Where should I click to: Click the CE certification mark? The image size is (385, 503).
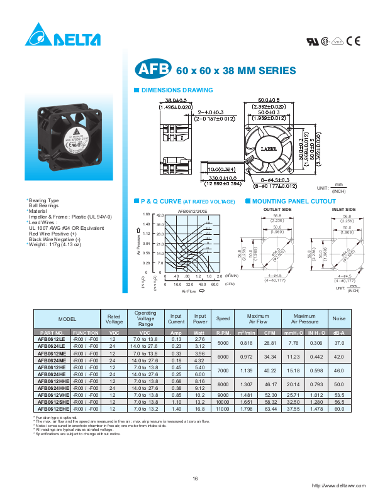pos(354,41)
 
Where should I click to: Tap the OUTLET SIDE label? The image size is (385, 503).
pos(277,209)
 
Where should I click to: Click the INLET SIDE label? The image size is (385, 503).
pos(343,209)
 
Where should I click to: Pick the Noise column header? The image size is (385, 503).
pos(339,319)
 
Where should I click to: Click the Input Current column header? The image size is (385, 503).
pos(176,319)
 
